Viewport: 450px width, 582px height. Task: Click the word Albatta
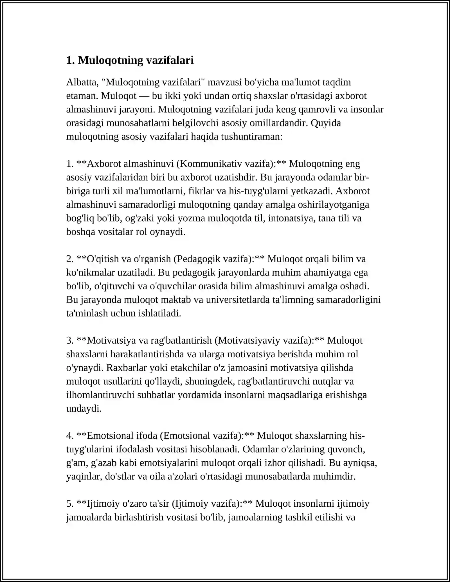coord(82,82)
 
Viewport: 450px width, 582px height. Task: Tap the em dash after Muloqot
coord(144,96)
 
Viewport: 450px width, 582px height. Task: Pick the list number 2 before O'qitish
coord(70,259)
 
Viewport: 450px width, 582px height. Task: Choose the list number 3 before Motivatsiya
coord(70,340)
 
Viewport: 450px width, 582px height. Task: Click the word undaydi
coord(84,409)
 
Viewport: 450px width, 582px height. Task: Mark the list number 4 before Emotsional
coord(70,436)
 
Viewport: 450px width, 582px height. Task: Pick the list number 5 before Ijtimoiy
coord(70,504)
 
